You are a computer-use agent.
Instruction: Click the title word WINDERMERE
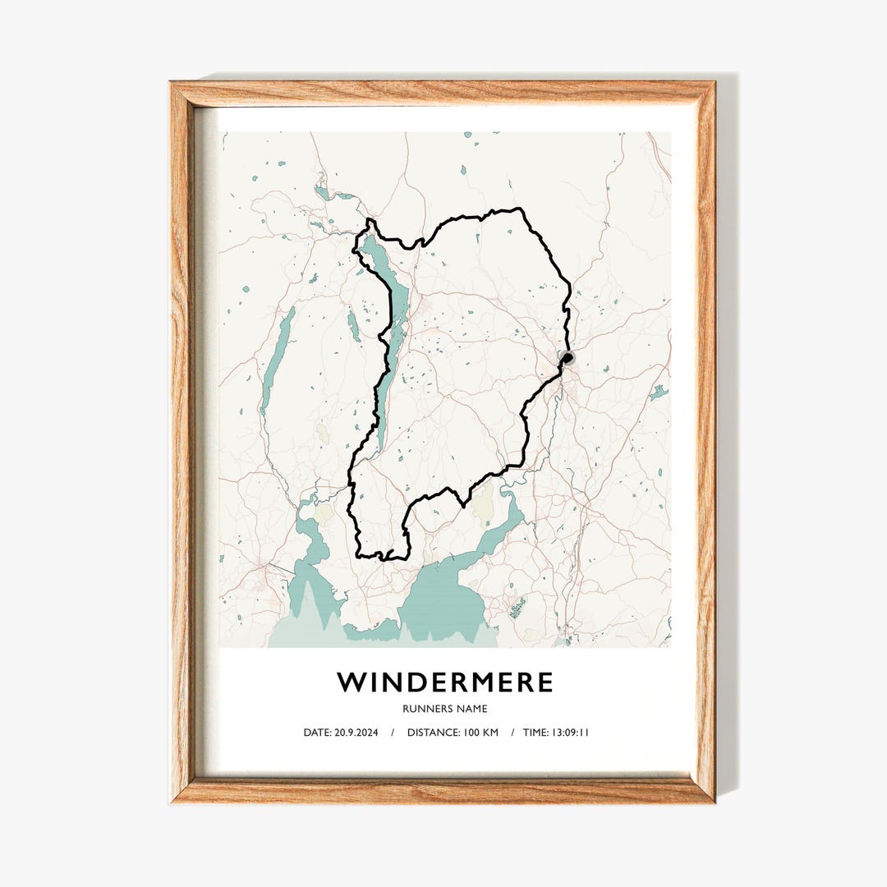444,682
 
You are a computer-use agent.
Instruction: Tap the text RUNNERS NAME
444,709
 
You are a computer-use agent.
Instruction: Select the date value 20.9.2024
357,733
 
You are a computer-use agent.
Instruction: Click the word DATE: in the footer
318,733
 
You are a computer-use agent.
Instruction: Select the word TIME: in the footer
535,733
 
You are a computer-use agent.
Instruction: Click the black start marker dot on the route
568,357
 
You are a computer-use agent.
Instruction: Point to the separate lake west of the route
277,361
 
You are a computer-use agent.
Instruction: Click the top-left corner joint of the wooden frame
182,93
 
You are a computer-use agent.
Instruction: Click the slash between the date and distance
392,733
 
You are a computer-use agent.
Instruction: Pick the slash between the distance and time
512,733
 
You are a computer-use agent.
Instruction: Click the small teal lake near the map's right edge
658,393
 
